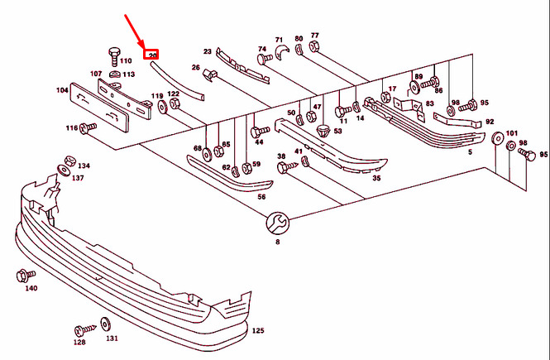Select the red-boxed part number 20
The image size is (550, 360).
151,55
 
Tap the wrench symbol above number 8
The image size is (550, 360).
277,223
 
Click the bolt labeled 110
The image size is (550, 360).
113,56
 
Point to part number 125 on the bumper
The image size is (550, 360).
257,330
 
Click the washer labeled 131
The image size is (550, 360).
107,323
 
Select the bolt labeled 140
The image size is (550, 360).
22,273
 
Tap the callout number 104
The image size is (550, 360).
62,89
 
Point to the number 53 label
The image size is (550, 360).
337,132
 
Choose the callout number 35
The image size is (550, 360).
375,178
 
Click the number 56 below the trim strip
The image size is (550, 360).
261,197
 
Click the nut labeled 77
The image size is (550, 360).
314,46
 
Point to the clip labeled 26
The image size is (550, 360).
211,78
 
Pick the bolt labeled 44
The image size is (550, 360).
256,131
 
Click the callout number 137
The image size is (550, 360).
77,178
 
